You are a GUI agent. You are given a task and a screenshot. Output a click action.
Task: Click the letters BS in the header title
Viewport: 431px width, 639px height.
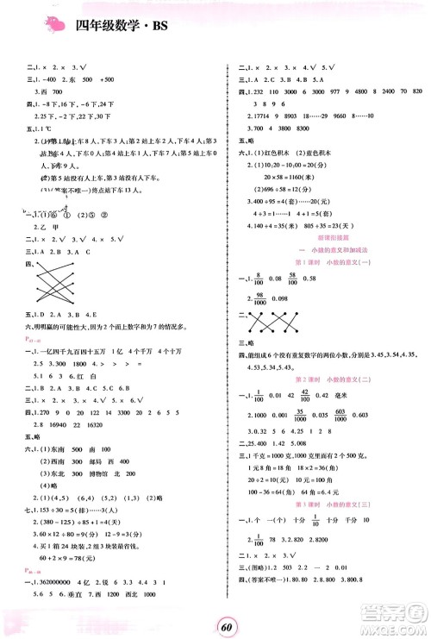pos(160,24)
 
